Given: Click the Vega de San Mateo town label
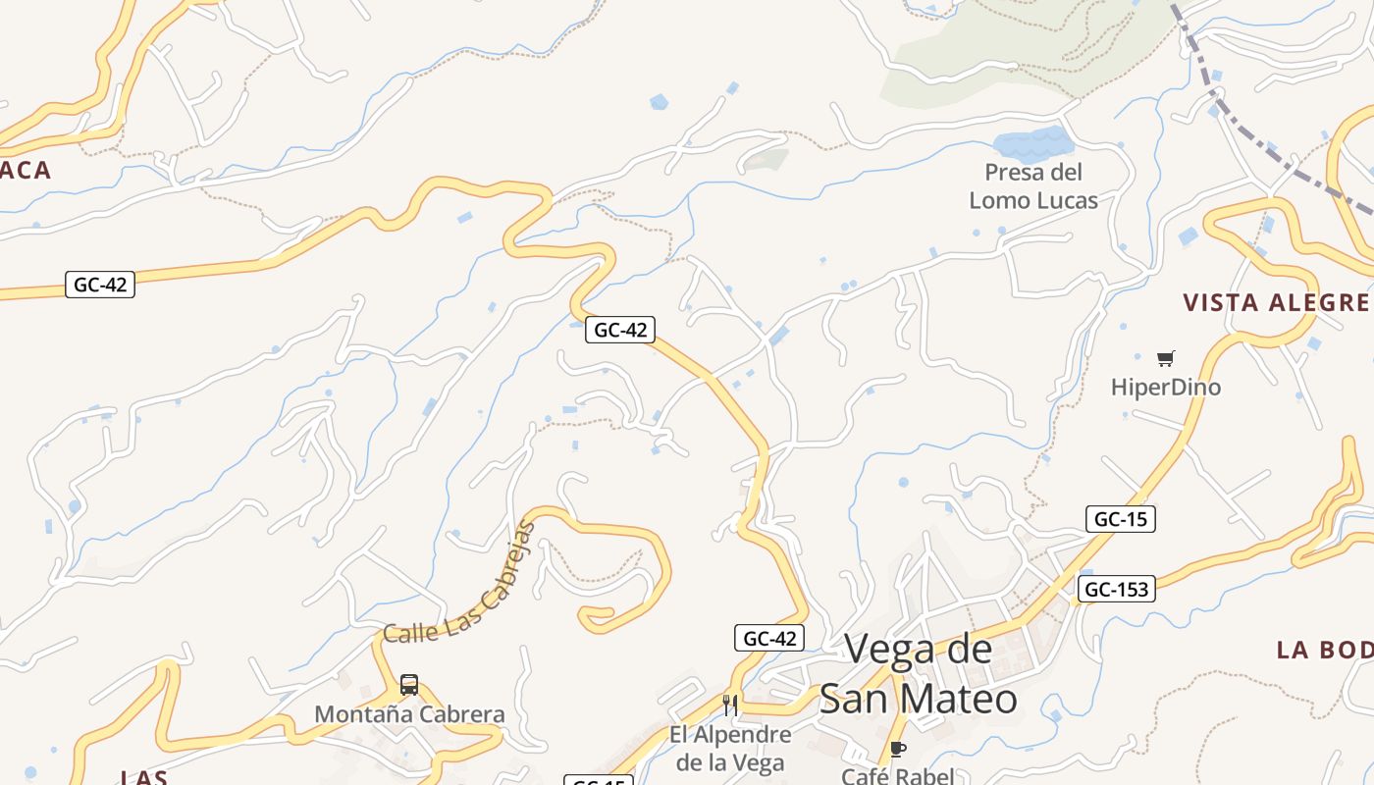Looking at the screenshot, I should tap(918, 674).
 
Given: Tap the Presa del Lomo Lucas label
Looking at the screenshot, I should tap(1033, 186).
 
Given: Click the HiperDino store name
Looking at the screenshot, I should tap(1166, 388).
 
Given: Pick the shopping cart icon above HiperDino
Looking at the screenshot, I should tap(1166, 358).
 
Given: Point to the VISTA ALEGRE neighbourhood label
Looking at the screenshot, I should tap(1276, 302).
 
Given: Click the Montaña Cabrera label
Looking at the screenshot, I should tap(409, 714).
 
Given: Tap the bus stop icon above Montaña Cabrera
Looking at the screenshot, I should tap(409, 685).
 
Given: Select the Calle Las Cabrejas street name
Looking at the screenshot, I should tap(461, 584).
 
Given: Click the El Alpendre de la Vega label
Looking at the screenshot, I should tap(730, 748).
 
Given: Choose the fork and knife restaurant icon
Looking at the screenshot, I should tap(730, 705).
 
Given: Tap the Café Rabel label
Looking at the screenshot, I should tap(897, 776).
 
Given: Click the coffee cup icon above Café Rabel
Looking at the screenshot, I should tap(897, 751).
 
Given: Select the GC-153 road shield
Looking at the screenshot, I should tap(1116, 590).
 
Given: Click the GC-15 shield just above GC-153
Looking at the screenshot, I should tap(1121, 519).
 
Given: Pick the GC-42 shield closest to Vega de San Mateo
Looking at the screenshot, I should tap(769, 638).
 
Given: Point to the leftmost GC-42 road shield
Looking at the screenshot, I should tap(100, 285).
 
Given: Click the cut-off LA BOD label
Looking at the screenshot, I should tap(1324, 650).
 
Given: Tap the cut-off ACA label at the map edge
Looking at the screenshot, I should tap(26, 171).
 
